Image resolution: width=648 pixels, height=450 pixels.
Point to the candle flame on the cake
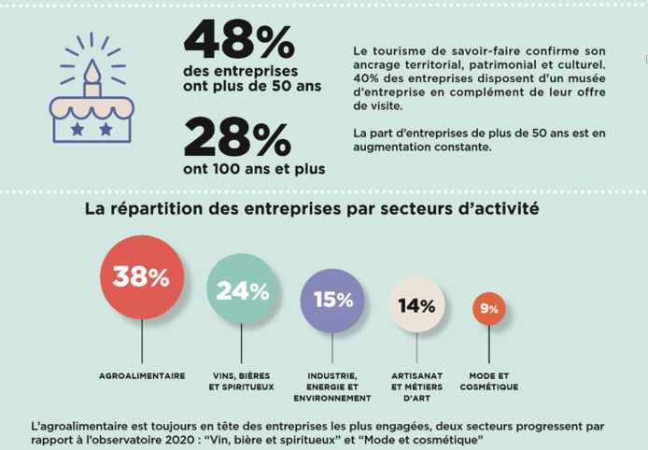[92, 70]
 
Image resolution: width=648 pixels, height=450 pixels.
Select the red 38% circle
[140, 276]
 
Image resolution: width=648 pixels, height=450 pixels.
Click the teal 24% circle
[243, 289]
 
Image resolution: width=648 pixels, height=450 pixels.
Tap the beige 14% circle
[416, 305]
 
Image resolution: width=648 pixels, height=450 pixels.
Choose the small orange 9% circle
[488, 309]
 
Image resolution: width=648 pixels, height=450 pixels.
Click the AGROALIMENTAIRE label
[141, 375]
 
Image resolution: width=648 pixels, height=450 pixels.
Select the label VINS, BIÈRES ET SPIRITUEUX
[243, 381]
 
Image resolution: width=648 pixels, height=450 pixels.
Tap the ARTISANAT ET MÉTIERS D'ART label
[416, 387]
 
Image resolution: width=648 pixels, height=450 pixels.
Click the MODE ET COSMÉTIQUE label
[488, 381]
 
